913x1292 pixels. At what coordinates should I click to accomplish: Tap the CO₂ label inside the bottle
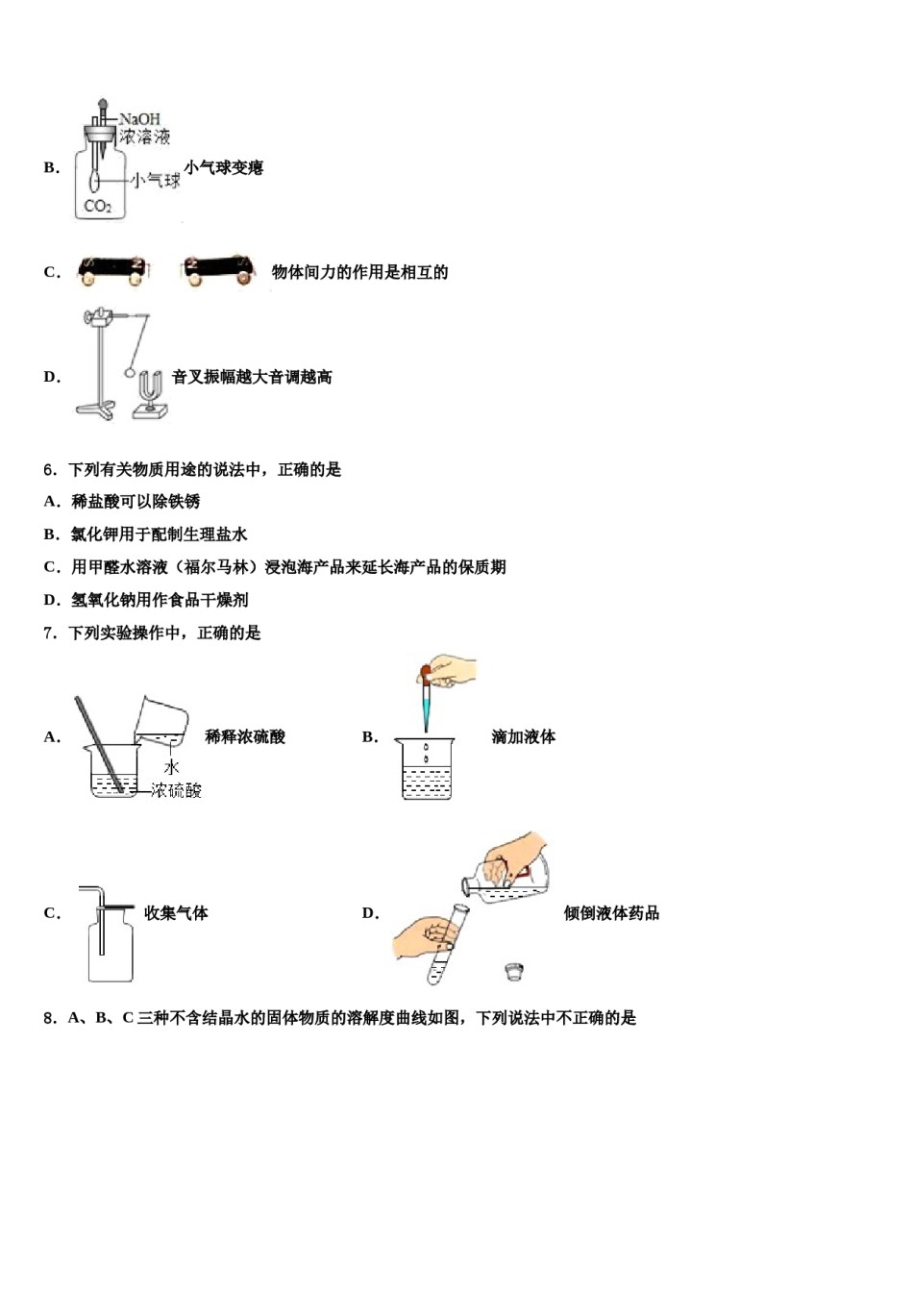pyautogui.click(x=98, y=206)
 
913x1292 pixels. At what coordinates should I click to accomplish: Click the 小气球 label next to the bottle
pyautogui.click(x=157, y=180)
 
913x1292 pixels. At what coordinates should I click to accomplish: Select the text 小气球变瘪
pyautogui.click(x=223, y=168)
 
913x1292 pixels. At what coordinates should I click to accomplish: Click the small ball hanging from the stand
pyautogui.click(x=130, y=372)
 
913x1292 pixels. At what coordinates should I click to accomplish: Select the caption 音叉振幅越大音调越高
pyautogui.click(x=252, y=378)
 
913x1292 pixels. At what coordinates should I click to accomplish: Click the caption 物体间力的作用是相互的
pyautogui.click(x=359, y=272)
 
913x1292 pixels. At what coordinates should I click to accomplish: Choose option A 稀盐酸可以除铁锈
pyautogui.click(x=135, y=502)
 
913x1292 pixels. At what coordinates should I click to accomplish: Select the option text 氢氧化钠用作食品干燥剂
pyautogui.click(x=160, y=600)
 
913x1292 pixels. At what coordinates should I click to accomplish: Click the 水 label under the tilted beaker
pyautogui.click(x=171, y=767)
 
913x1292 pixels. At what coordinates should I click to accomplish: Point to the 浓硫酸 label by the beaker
pyautogui.click(x=176, y=790)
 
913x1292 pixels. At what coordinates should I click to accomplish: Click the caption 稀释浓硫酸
pyautogui.click(x=245, y=737)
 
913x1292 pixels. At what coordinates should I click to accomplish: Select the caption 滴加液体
pyautogui.click(x=523, y=737)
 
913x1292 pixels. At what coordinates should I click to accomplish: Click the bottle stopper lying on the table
pyautogui.click(x=514, y=971)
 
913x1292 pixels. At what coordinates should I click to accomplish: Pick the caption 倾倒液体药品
pyautogui.click(x=611, y=913)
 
